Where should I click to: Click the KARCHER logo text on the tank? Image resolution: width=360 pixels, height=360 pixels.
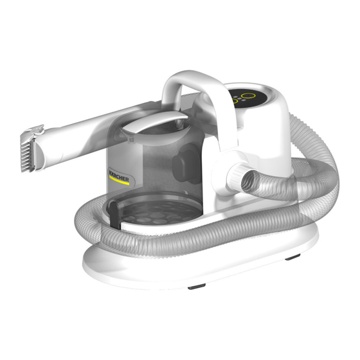click(120, 175)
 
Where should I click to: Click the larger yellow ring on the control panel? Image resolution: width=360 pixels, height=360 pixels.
click(248, 96)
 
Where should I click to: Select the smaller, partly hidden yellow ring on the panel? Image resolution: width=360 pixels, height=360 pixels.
click(234, 100)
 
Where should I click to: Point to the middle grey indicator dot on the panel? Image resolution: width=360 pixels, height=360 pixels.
click(239, 99)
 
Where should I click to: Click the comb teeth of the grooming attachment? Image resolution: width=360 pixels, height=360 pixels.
click(26, 156)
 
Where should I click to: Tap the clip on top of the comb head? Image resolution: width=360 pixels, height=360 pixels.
click(36, 130)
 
